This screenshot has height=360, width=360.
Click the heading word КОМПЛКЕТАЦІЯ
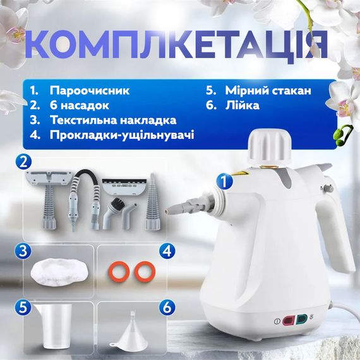(x=180, y=45)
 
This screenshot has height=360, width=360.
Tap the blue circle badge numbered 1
(x=222, y=180)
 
